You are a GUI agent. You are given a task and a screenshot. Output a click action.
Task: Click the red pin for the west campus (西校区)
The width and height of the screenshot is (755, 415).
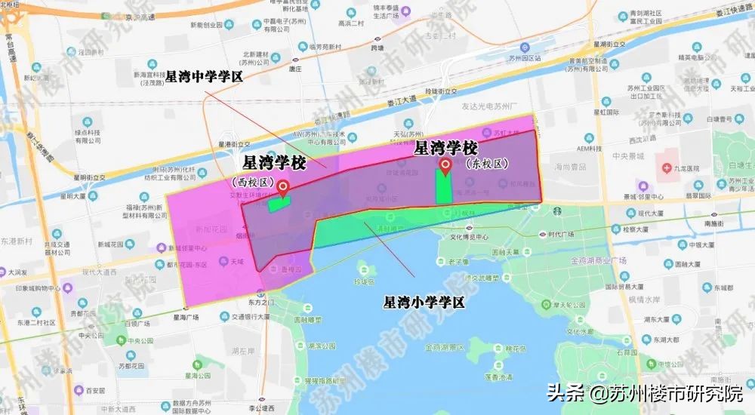pyautogui.click(x=283, y=187)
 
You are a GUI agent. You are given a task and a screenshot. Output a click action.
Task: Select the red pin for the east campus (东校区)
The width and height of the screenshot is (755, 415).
pyautogui.click(x=445, y=165)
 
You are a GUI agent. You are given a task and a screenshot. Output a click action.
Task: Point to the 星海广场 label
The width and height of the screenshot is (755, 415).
pyautogui.click(x=185, y=318)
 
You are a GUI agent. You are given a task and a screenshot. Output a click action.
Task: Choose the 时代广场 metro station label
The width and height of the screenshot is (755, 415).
pyautogui.click(x=560, y=234)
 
